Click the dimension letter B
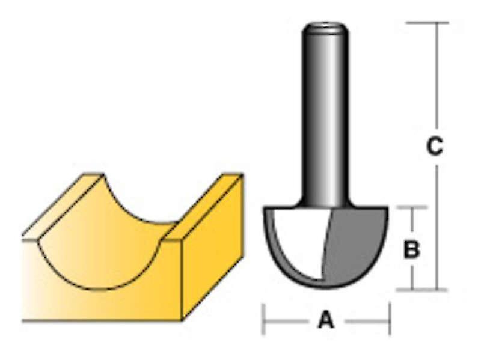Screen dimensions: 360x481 coord(411,249)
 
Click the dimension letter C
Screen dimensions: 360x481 coord(434,146)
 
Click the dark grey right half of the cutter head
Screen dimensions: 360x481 coord(355,243)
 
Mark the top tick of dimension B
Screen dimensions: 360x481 coord(412,207)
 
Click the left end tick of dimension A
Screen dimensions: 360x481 coord(263,320)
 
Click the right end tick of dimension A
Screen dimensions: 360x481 coord(390,320)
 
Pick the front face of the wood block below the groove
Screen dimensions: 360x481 coord(90,304)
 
